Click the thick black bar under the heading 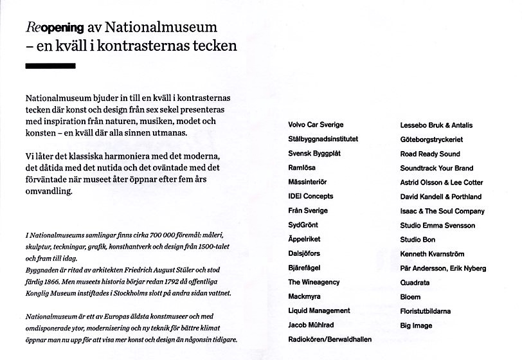tap(50, 66)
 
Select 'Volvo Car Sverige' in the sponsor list tap(316, 125)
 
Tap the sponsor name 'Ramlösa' tap(301, 167)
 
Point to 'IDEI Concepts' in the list tap(310, 196)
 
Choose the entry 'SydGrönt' tap(303, 225)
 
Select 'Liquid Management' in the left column tap(319, 310)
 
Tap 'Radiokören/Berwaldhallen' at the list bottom tap(330, 339)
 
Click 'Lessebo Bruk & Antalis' tap(437, 125)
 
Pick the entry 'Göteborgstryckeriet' tap(431, 139)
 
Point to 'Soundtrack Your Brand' tap(437, 168)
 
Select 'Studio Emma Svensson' tap(437, 226)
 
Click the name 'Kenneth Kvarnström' tap(432, 254)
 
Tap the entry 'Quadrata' tap(415, 282)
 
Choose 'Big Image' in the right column tap(416, 325)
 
